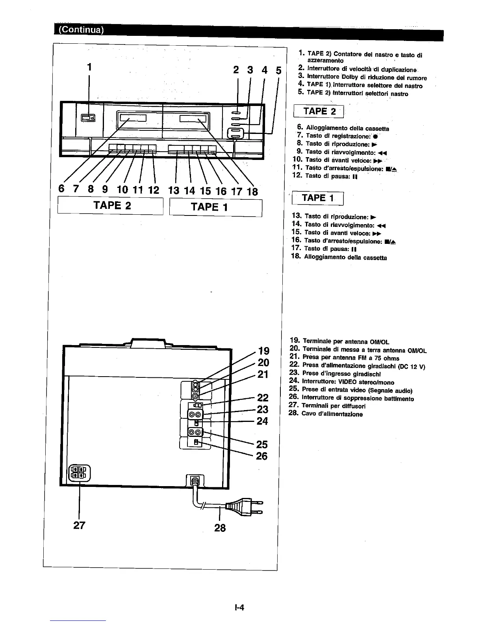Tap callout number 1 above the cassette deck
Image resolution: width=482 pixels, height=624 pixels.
coord(89,67)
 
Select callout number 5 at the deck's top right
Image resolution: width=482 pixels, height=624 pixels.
coord(278,71)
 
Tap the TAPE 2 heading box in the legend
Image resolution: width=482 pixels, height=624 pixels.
coord(319,111)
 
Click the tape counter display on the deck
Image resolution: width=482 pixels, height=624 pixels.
coord(88,117)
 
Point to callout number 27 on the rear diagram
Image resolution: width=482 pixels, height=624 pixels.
coord(80,526)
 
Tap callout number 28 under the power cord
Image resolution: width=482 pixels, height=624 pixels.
coord(220,527)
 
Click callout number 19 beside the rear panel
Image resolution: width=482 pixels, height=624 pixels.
coord(263,351)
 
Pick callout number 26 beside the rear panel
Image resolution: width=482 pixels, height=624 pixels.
coord(261,456)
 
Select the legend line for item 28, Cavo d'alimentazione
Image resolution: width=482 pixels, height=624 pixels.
coord(326,414)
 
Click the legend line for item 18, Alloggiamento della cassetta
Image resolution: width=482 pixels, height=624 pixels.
coord(339,257)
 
